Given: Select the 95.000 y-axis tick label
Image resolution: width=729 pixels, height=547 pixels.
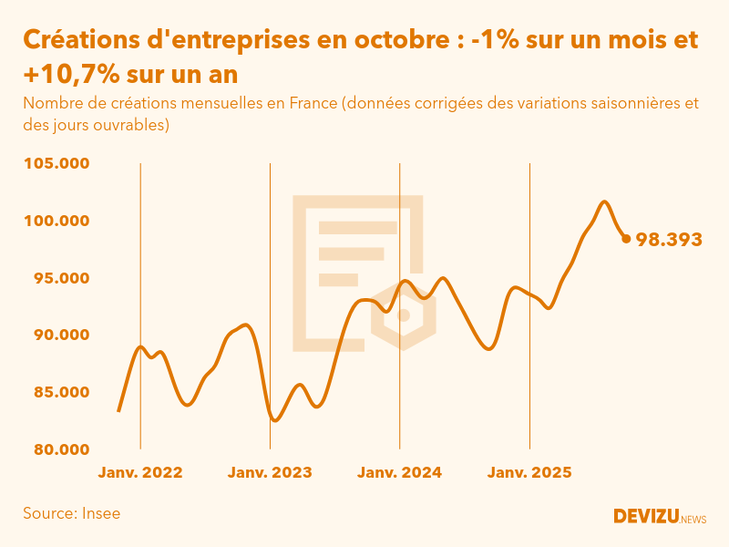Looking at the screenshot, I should click(61, 278).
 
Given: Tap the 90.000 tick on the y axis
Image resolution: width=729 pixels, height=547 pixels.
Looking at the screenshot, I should click(61, 335).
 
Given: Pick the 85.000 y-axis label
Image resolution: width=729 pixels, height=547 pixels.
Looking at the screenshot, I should click(61, 393).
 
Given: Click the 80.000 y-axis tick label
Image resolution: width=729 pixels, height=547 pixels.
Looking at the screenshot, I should click(61, 449).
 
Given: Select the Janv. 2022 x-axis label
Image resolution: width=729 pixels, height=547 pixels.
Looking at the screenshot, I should click(140, 473).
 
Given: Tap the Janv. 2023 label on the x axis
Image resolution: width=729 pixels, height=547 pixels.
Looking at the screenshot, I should click(270, 473).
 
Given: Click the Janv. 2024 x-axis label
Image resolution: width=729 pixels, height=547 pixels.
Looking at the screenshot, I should click(399, 473).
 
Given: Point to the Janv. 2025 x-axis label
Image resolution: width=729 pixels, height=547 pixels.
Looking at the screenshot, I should click(529, 473).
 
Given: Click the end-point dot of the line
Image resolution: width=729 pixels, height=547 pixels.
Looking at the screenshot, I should click(626, 239).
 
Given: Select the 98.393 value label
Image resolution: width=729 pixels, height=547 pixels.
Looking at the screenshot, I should click(669, 240).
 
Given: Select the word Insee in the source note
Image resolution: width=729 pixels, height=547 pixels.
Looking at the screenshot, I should click(100, 513).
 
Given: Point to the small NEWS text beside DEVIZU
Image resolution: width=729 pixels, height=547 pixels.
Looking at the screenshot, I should click(693, 520).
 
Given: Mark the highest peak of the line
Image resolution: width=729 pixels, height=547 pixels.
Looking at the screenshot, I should click(604, 201).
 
